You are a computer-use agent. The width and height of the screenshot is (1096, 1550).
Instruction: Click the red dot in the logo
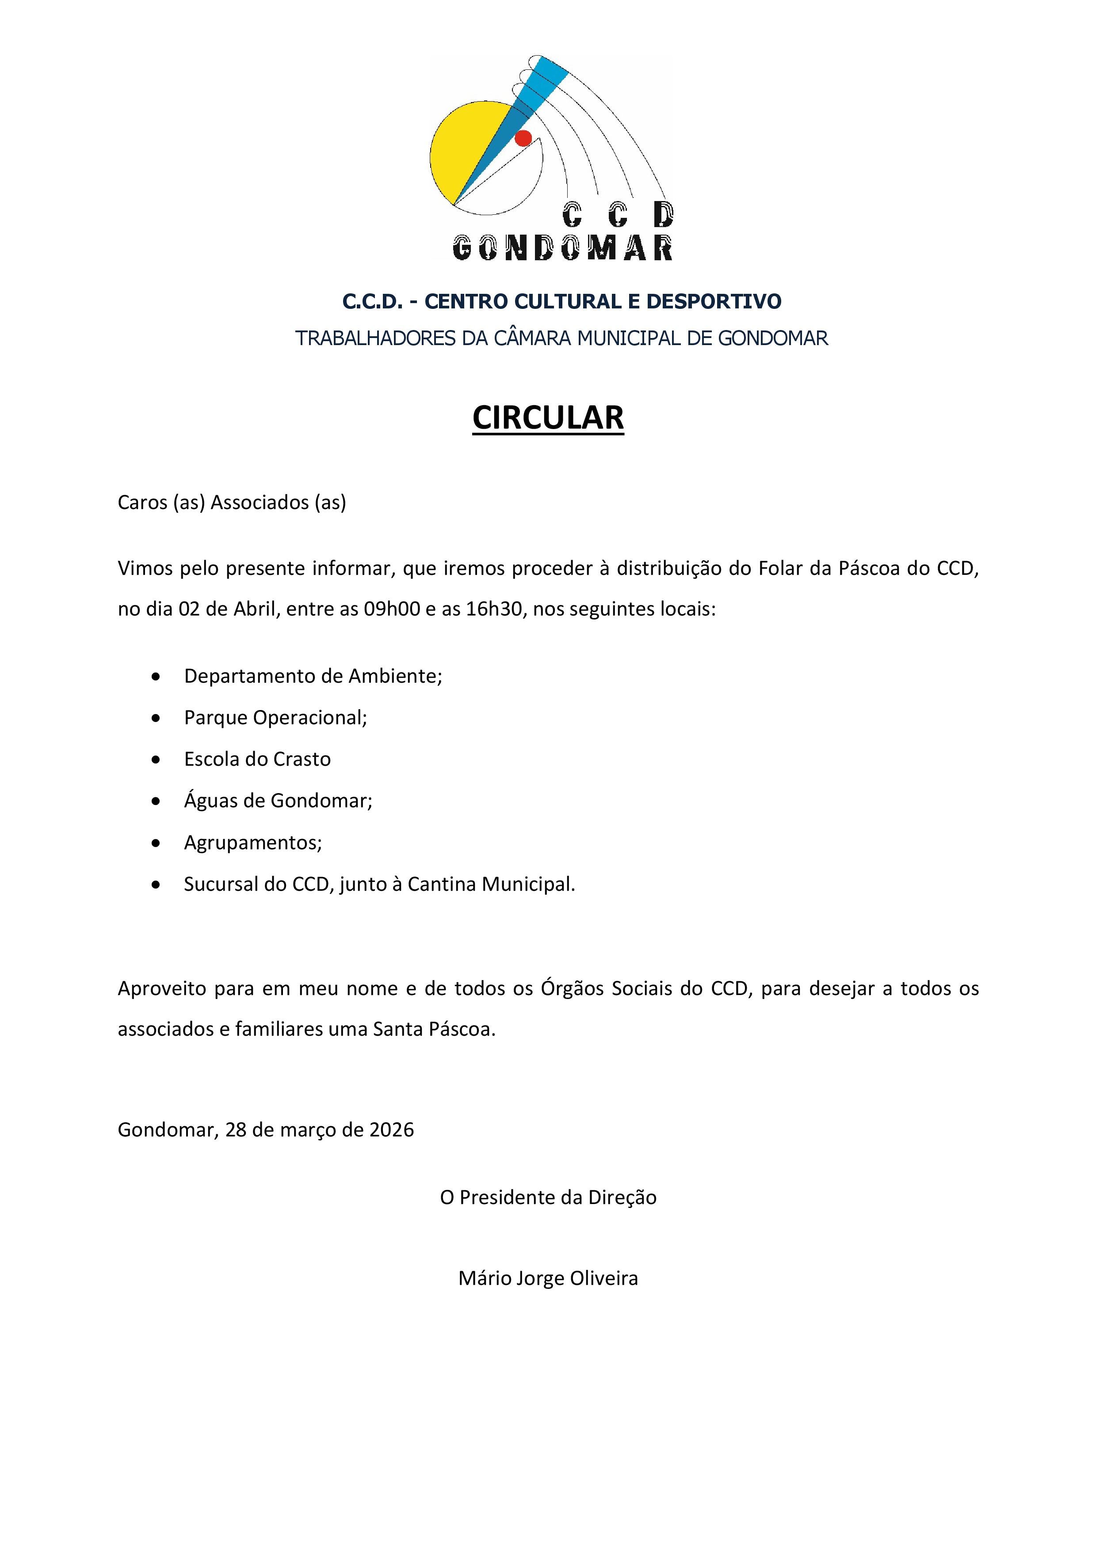[x=523, y=138]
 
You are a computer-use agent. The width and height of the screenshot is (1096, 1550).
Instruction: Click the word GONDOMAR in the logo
[x=562, y=248]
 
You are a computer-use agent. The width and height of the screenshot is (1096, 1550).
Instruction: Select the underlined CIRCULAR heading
[x=548, y=418]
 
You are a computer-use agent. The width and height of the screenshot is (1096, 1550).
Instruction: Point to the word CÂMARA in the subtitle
[x=533, y=338]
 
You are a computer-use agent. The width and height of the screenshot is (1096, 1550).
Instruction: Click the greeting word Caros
[x=142, y=502]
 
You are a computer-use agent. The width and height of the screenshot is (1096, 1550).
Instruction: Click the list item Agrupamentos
[x=252, y=843]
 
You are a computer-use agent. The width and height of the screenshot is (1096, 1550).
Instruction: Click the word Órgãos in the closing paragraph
[x=573, y=988]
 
